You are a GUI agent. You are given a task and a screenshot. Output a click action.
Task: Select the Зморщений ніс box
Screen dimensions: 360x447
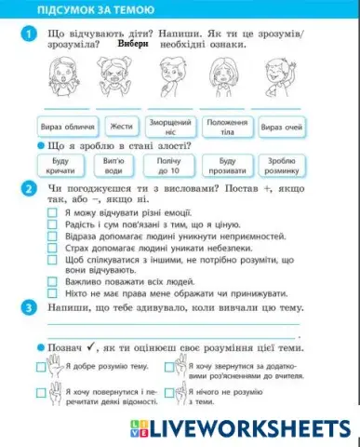pyautogui.click(x=170, y=126)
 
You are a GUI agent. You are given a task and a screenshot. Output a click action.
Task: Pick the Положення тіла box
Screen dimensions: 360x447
pyautogui.click(x=226, y=126)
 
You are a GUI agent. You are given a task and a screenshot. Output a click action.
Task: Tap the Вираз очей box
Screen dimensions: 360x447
pyautogui.click(x=280, y=126)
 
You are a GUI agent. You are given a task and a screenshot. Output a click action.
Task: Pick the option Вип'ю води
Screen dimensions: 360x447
pyautogui.click(x=113, y=166)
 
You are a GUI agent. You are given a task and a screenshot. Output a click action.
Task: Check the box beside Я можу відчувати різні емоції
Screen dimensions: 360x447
pyautogui.click(x=51, y=213)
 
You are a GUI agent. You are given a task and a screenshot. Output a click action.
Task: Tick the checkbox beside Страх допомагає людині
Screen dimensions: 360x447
pyautogui.click(x=51, y=247)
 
